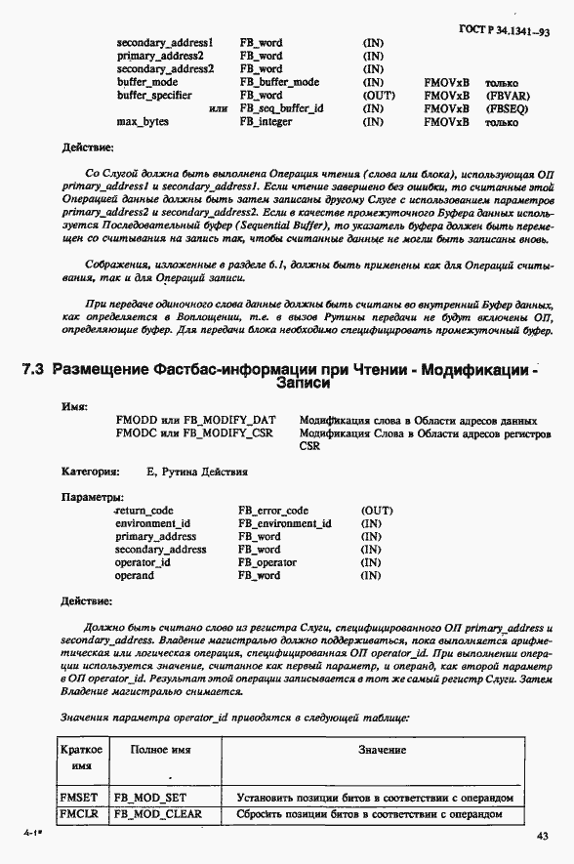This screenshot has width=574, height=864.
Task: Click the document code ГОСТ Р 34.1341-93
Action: coord(504,31)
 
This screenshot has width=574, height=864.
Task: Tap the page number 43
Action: coord(543,835)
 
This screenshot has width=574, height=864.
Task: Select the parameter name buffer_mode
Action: coord(147,82)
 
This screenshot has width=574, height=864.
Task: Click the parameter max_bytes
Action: coord(143,122)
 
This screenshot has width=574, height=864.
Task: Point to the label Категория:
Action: coord(91,471)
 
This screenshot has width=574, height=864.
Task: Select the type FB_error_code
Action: coord(273,511)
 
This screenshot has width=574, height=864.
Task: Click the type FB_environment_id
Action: coord(285,523)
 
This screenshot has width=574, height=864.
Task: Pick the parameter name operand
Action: coord(135,576)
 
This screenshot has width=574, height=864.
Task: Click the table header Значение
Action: coord(381,750)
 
